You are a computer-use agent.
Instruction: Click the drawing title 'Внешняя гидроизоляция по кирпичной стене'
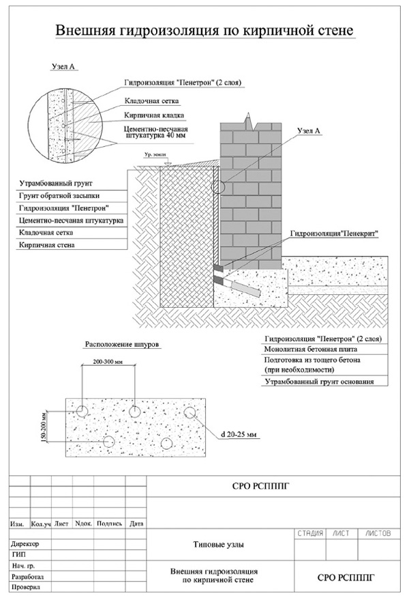205,30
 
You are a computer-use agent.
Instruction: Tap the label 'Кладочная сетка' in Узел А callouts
151,101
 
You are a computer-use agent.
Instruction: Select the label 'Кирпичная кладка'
154,115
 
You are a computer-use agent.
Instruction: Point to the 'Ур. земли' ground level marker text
154,155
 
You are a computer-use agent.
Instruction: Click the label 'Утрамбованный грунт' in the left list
56,184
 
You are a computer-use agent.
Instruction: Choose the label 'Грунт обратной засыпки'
59,196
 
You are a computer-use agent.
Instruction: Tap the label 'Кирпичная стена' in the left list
46,245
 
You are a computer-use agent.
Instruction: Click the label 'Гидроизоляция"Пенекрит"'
335,233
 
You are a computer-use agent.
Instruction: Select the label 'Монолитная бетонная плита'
311,349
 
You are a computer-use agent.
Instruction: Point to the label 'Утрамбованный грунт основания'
319,382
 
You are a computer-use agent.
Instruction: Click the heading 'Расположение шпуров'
121,344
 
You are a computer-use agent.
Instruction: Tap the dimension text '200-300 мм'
109,362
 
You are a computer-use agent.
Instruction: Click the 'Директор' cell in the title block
25,543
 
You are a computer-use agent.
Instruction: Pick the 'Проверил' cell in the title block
25,587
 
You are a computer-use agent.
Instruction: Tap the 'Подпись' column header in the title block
109,524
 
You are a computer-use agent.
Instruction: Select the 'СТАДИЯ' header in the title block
310,533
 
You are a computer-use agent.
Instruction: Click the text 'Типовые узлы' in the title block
219,545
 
